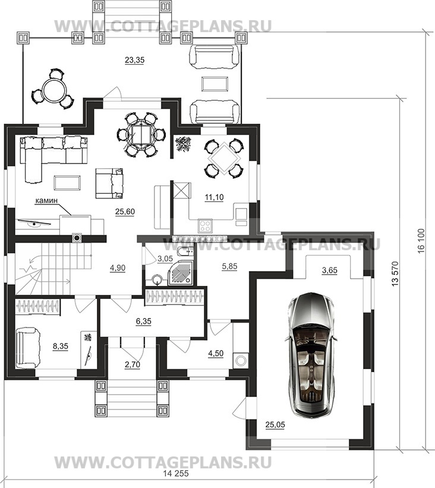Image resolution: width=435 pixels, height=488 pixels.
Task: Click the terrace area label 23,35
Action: point(134,60)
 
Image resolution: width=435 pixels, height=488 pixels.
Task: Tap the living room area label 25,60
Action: point(125,212)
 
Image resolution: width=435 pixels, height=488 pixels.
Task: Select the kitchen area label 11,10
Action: point(214,197)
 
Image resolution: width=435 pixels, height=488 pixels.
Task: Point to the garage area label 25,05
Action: point(275,424)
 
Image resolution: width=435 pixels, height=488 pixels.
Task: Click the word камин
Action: point(46,201)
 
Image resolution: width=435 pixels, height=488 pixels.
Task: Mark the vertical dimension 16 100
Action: point(421,241)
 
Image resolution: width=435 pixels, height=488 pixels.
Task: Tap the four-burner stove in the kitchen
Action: point(205,225)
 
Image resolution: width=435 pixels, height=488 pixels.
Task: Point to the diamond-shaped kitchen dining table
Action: point(223,159)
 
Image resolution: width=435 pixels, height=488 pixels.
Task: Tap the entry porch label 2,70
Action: point(133,364)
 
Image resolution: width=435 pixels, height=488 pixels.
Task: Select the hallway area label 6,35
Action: point(143,321)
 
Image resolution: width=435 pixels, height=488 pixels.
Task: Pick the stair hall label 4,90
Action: point(117,267)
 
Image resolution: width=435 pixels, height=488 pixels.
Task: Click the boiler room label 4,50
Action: point(216,353)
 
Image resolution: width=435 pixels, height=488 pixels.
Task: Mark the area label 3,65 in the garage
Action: point(329,270)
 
